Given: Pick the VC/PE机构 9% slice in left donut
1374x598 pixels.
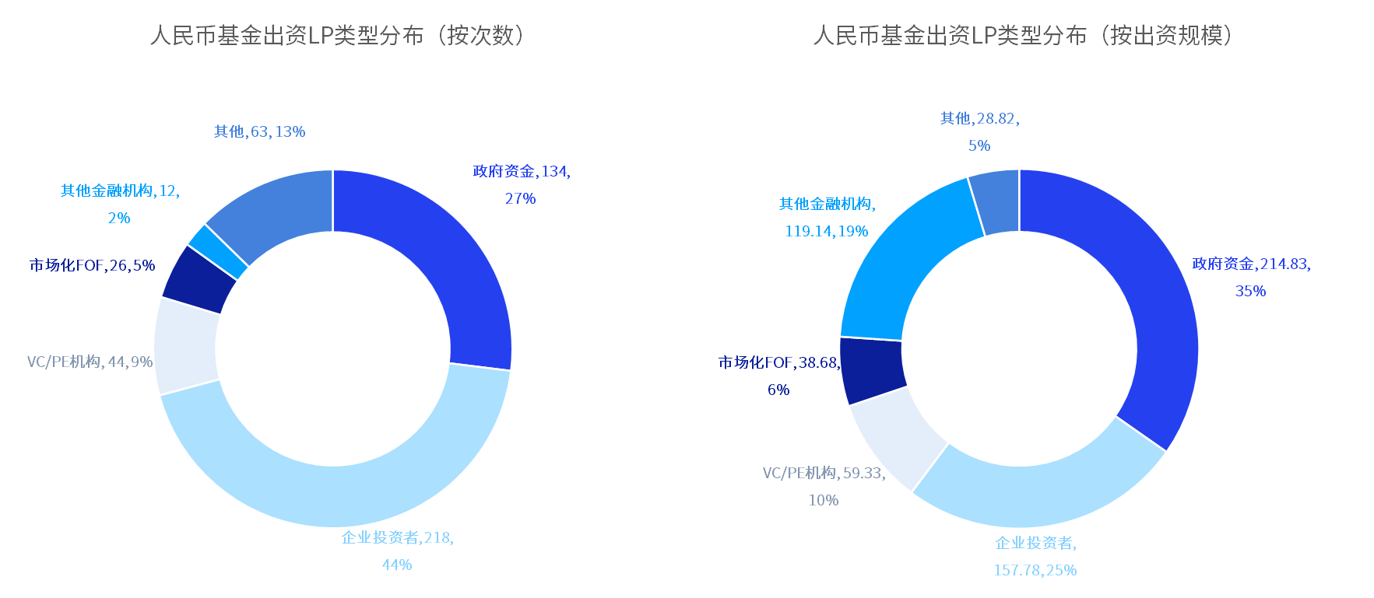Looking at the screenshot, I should pyautogui.click(x=186, y=347).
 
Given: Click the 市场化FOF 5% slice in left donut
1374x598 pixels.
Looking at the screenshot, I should pyautogui.click(x=199, y=278).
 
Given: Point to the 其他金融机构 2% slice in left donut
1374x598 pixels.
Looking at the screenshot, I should pyautogui.click(x=217, y=251).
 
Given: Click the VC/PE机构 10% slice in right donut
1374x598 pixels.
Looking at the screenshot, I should pyautogui.click(x=896, y=435).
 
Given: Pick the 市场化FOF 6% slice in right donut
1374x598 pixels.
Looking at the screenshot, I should pyautogui.click(x=873, y=370).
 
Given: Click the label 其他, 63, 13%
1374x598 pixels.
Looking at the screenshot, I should pyautogui.click(x=259, y=132).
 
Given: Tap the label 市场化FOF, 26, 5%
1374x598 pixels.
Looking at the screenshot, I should pyautogui.click(x=93, y=266).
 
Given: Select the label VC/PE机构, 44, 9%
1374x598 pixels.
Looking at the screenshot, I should pyautogui.click(x=90, y=362).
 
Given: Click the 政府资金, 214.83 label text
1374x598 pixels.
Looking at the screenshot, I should pyautogui.click(x=1251, y=264).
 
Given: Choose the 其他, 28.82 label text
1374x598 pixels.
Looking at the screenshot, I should pyautogui.click(x=979, y=119).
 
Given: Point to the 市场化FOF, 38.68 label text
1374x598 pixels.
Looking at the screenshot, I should pyautogui.click(x=779, y=363).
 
